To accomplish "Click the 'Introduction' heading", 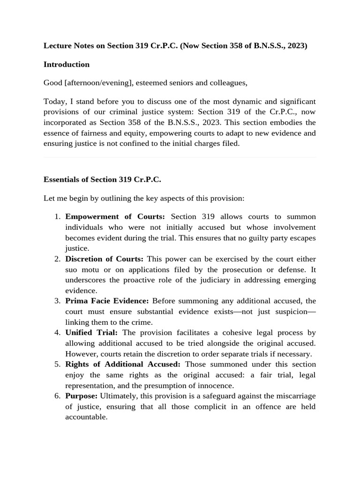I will click(67, 64).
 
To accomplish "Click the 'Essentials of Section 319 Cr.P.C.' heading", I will click(102, 180).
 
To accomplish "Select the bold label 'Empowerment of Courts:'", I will click(115, 217).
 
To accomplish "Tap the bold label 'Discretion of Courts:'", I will click(104, 259).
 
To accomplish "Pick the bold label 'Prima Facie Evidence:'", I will click(107, 301).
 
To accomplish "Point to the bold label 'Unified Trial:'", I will click(91, 333).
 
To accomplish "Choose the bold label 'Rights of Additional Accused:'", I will click(123, 364).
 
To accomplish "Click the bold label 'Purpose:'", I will click(81, 396).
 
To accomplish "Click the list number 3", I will click(57, 301).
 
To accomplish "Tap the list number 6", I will click(57, 396).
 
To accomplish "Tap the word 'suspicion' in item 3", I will click(290, 312).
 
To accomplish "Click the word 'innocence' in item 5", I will click(217, 386).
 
